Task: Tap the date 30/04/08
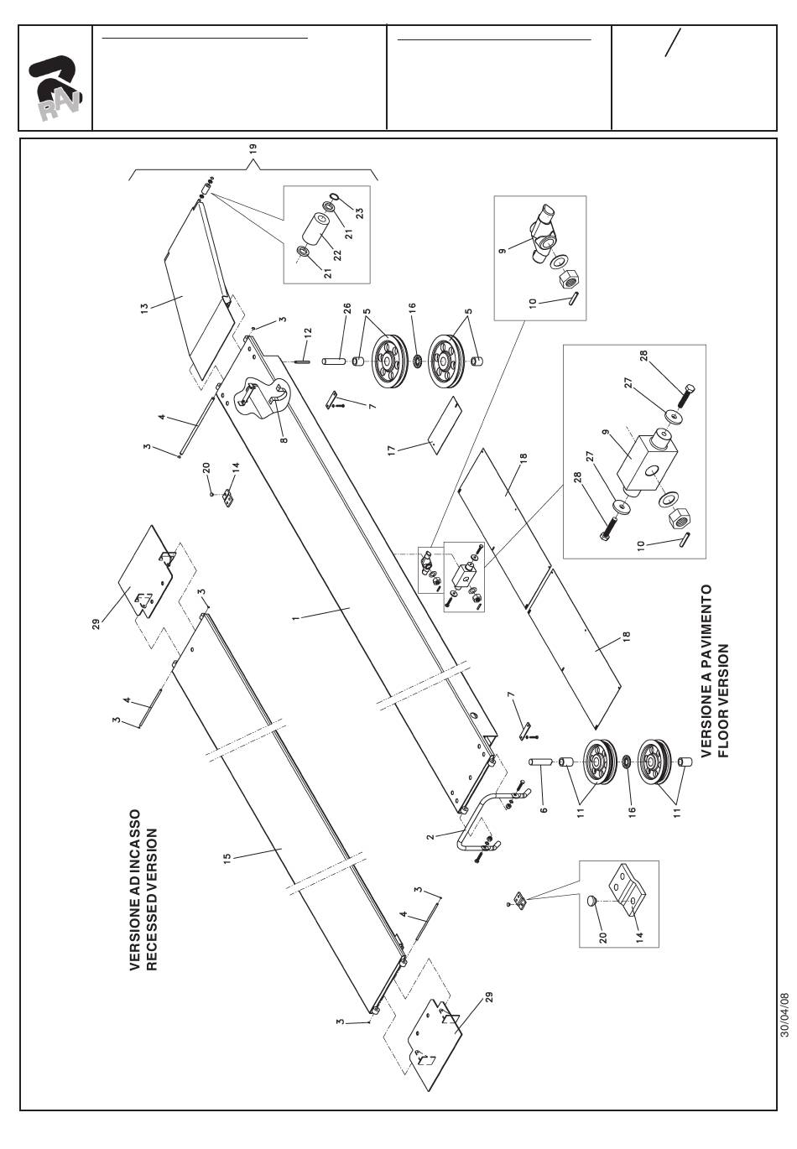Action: [x=784, y=1016]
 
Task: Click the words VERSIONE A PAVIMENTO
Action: [x=706, y=671]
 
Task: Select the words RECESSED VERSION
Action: [x=152, y=890]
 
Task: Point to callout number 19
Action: [x=253, y=148]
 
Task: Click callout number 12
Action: [x=308, y=332]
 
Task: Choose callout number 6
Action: [x=544, y=811]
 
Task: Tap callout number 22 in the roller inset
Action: [x=336, y=252]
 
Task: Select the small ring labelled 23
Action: [x=333, y=197]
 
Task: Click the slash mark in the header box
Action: [x=672, y=43]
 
